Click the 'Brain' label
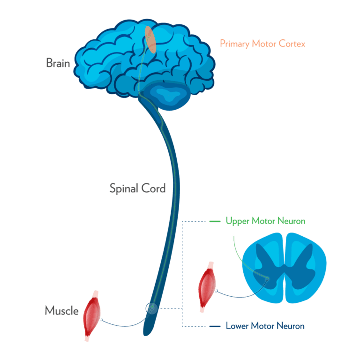58,63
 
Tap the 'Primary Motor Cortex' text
262,44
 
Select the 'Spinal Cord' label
137,189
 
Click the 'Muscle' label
61,310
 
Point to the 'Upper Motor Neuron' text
265,220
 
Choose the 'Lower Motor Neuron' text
265,326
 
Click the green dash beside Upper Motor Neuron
215,220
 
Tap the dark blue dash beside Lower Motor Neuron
215,326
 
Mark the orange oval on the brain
151,40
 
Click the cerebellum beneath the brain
166,96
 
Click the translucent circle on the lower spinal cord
152,308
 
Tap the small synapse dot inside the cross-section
267,279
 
